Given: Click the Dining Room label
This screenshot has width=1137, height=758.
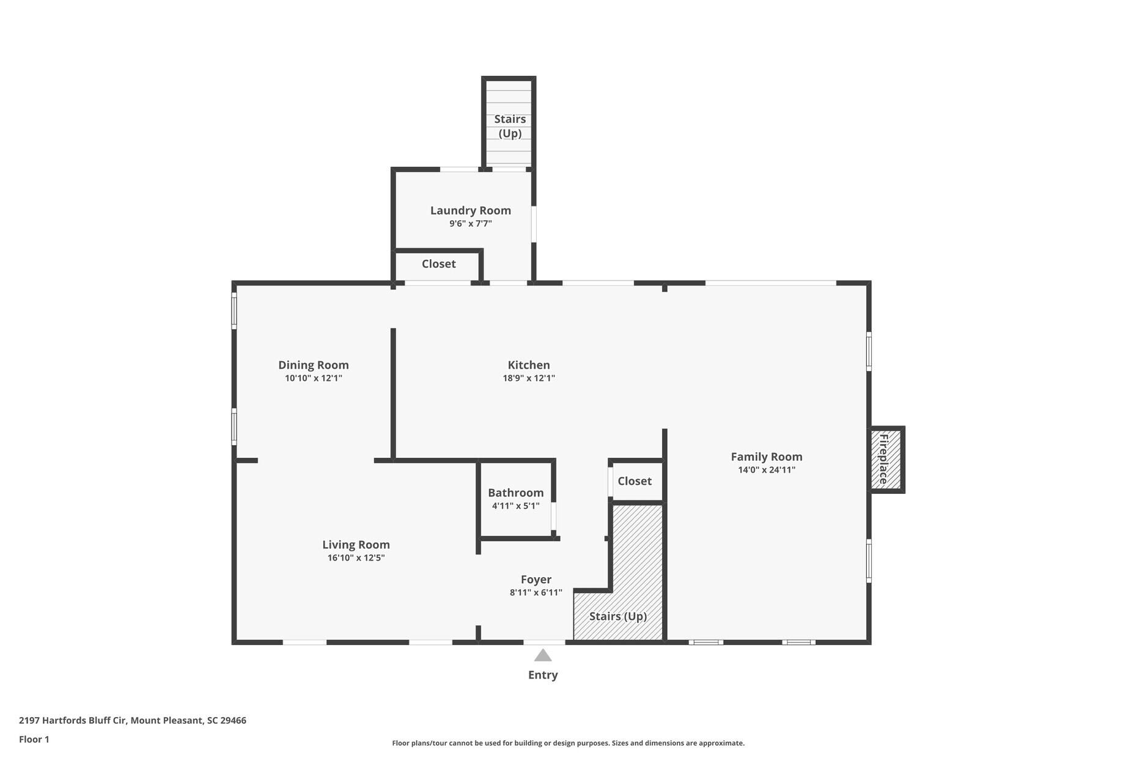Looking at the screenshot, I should pyautogui.click(x=313, y=365).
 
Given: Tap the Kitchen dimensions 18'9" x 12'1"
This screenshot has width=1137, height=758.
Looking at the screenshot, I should pyautogui.click(x=529, y=378).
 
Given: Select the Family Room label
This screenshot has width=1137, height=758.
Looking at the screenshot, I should pyautogui.click(x=766, y=457).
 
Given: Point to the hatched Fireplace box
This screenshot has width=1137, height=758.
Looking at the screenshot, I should pyautogui.click(x=886, y=460).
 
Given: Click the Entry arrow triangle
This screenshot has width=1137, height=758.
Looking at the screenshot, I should pyautogui.click(x=543, y=656).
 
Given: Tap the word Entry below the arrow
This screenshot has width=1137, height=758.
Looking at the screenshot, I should pyautogui.click(x=543, y=675).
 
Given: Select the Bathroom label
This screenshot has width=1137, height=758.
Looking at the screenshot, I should pyautogui.click(x=515, y=493).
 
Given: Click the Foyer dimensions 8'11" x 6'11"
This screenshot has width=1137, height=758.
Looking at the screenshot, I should pyautogui.click(x=535, y=592).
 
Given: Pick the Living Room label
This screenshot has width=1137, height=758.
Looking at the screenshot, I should pyautogui.click(x=356, y=545).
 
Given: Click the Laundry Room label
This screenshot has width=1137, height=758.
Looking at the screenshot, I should pyautogui.click(x=470, y=210).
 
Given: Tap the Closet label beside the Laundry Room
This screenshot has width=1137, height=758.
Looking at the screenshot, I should pyautogui.click(x=438, y=263).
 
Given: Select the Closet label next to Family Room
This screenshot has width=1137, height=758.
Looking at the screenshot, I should pyautogui.click(x=634, y=481).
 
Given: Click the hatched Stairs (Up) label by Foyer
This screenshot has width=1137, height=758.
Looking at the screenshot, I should pyautogui.click(x=617, y=616).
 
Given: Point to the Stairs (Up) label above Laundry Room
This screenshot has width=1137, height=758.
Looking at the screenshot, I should pyautogui.click(x=510, y=126).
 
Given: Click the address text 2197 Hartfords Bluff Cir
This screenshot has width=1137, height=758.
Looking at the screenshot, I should pyautogui.click(x=132, y=720).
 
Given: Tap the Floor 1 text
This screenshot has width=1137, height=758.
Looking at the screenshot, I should pyautogui.click(x=34, y=739).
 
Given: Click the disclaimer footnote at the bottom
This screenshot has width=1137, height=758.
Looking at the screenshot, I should pyautogui.click(x=568, y=743).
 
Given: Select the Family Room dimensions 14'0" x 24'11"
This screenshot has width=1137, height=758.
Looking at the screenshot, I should pyautogui.click(x=766, y=470).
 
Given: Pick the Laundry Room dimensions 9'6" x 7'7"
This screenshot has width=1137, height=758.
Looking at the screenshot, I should pyautogui.click(x=470, y=224).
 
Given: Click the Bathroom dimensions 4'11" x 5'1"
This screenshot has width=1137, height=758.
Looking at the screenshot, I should pyautogui.click(x=515, y=506).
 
